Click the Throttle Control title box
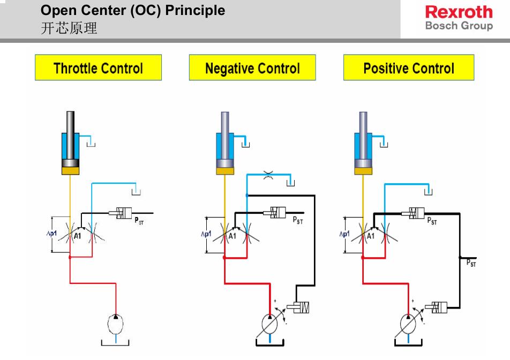[98, 68]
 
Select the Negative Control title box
[252, 68]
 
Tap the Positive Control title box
[408, 68]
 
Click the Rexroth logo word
[459, 12]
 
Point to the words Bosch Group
[459, 26]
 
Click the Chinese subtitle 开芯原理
[69, 28]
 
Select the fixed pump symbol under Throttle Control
[116, 324]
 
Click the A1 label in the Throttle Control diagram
[78, 236]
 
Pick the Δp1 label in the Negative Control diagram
[207, 234]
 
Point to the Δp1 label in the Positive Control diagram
[344, 234]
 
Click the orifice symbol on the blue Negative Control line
[268, 173]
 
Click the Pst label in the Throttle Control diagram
[139, 220]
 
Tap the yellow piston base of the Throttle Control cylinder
[70, 171]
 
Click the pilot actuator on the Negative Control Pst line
[278, 212]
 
